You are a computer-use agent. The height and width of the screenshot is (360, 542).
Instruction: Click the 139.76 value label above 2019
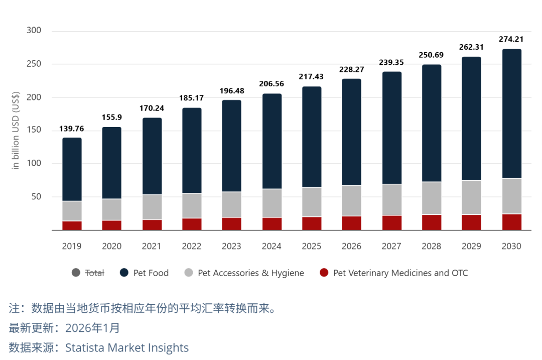tap(72, 129)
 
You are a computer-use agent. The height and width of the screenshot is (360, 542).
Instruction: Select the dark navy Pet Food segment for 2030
tap(511, 113)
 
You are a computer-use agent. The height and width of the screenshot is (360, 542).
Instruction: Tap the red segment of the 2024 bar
tap(272, 223)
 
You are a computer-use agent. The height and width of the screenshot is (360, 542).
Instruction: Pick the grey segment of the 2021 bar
tap(152, 207)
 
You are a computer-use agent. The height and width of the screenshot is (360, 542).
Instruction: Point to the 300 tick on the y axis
tap(34, 31)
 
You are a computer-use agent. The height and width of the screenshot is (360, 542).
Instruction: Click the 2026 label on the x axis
tap(351, 246)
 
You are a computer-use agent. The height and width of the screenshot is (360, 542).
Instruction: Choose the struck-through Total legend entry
tap(94, 273)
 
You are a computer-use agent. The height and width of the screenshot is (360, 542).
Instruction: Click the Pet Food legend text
tap(151, 273)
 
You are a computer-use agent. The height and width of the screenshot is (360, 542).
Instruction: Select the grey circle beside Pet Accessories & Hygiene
tap(189, 273)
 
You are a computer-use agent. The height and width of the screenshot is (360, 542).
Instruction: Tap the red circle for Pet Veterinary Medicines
tap(324, 273)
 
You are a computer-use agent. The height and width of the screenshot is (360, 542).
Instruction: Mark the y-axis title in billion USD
tap(16, 131)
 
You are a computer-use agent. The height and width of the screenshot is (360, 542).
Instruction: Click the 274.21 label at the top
tap(511, 39)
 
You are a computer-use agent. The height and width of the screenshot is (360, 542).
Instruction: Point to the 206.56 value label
tap(272, 84)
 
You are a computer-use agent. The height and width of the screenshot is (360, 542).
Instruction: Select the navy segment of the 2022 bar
tap(192, 151)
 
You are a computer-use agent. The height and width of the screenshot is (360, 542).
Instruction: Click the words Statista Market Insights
tap(127, 347)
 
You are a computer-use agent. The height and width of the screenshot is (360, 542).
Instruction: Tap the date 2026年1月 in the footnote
tap(93, 328)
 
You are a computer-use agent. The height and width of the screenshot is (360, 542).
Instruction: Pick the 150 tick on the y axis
tap(34, 131)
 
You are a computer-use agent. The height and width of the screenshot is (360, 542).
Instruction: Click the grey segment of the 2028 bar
tap(432, 198)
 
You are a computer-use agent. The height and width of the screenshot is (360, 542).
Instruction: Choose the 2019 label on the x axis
tap(72, 246)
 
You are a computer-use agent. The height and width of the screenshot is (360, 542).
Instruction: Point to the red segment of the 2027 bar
tap(391, 222)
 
